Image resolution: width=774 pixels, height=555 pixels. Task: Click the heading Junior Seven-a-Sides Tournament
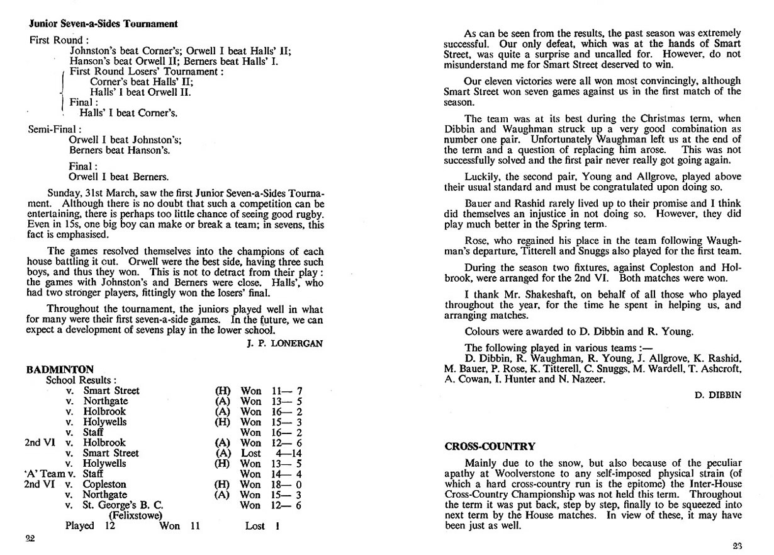(103, 24)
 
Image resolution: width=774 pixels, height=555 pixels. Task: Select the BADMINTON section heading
(60, 370)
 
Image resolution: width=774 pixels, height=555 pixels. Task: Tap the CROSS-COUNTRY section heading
(490, 447)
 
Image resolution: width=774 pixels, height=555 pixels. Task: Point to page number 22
(30, 538)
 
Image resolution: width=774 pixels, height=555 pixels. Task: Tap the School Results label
(81, 380)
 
